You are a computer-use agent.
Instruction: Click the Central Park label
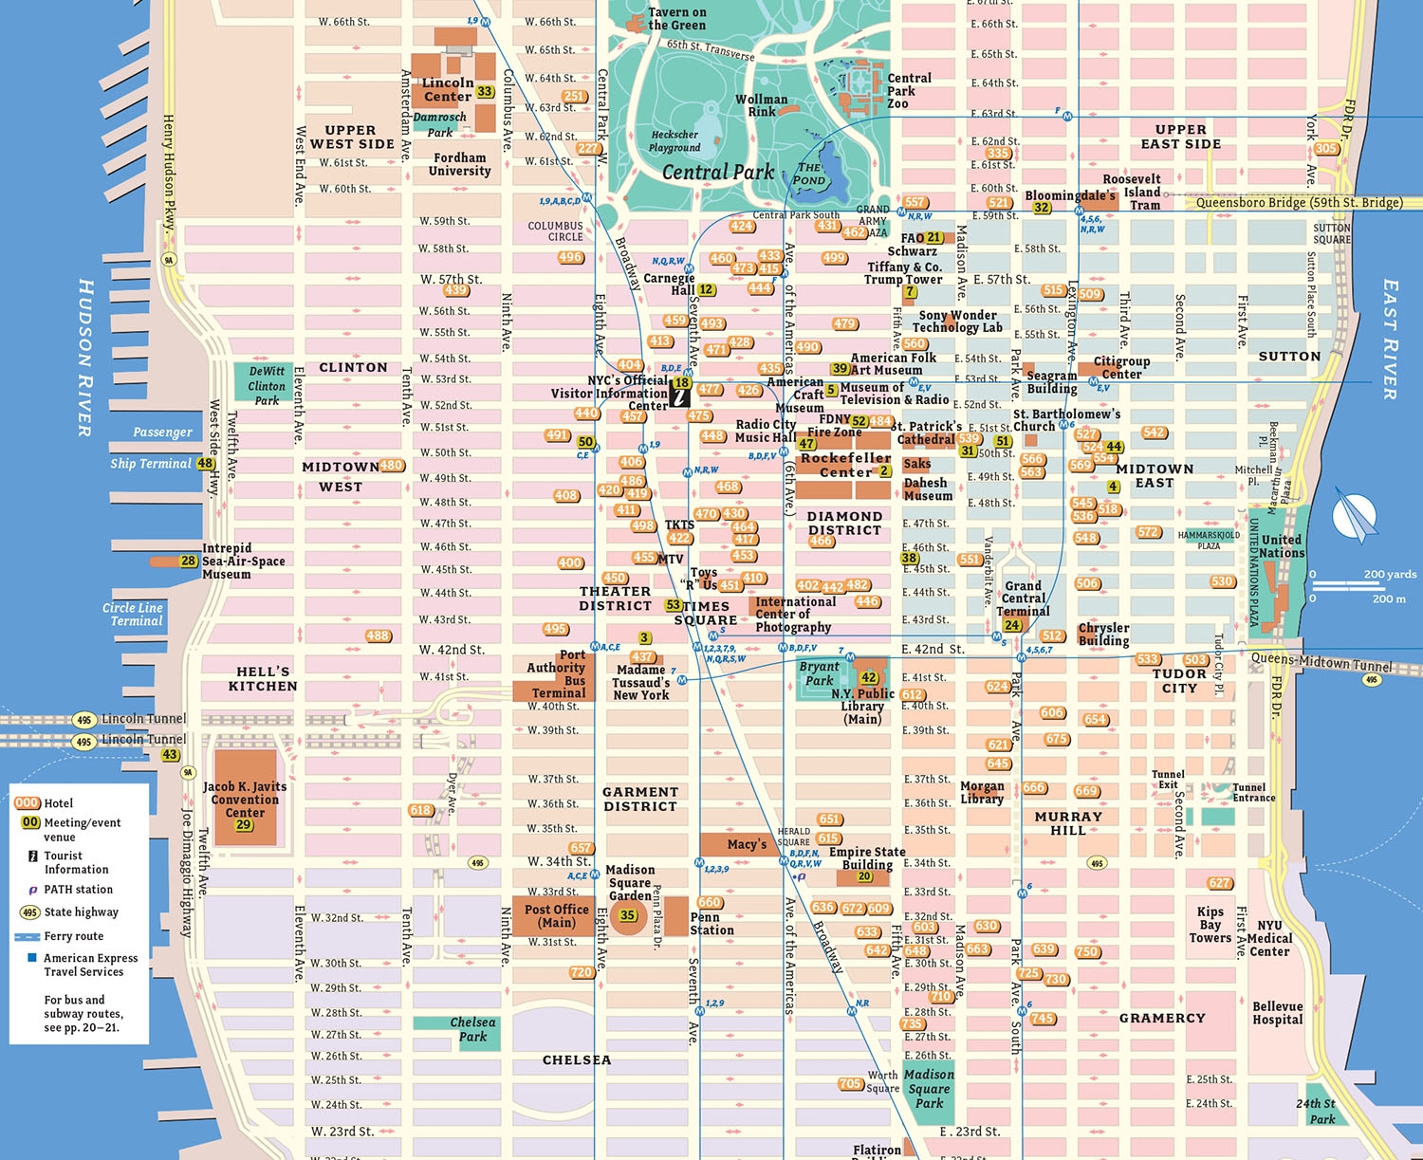pos(717,173)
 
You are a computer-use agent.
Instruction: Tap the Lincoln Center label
pos(448,90)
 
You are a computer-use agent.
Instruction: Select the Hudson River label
pos(85,358)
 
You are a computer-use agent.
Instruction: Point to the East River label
pos(1390,339)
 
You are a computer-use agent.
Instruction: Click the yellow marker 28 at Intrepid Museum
pos(189,561)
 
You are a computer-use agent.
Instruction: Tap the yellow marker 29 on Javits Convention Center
pos(244,824)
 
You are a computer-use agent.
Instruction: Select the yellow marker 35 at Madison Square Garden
pos(627,915)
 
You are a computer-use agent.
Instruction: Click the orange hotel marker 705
pos(850,1083)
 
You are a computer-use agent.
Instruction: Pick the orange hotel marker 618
pos(421,810)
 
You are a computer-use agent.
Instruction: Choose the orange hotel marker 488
pos(378,635)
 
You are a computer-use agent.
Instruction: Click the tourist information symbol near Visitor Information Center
pos(679,396)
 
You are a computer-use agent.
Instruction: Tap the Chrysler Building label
pos(1103,635)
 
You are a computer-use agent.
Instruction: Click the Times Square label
pos(706,613)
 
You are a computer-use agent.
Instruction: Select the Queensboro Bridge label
pos(1299,202)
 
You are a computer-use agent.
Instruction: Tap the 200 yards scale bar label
pos(1390,574)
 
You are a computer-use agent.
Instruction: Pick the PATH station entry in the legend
pos(78,890)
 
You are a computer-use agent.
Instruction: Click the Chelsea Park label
pos(472,1029)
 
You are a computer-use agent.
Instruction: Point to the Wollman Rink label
pos(761,105)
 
